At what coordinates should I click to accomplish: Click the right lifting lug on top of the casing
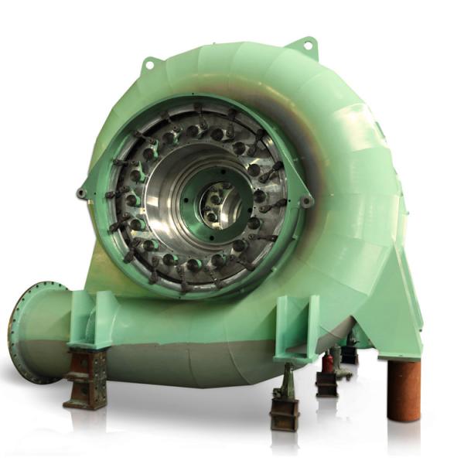click(307, 46)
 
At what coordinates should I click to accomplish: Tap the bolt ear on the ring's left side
click(82, 193)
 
